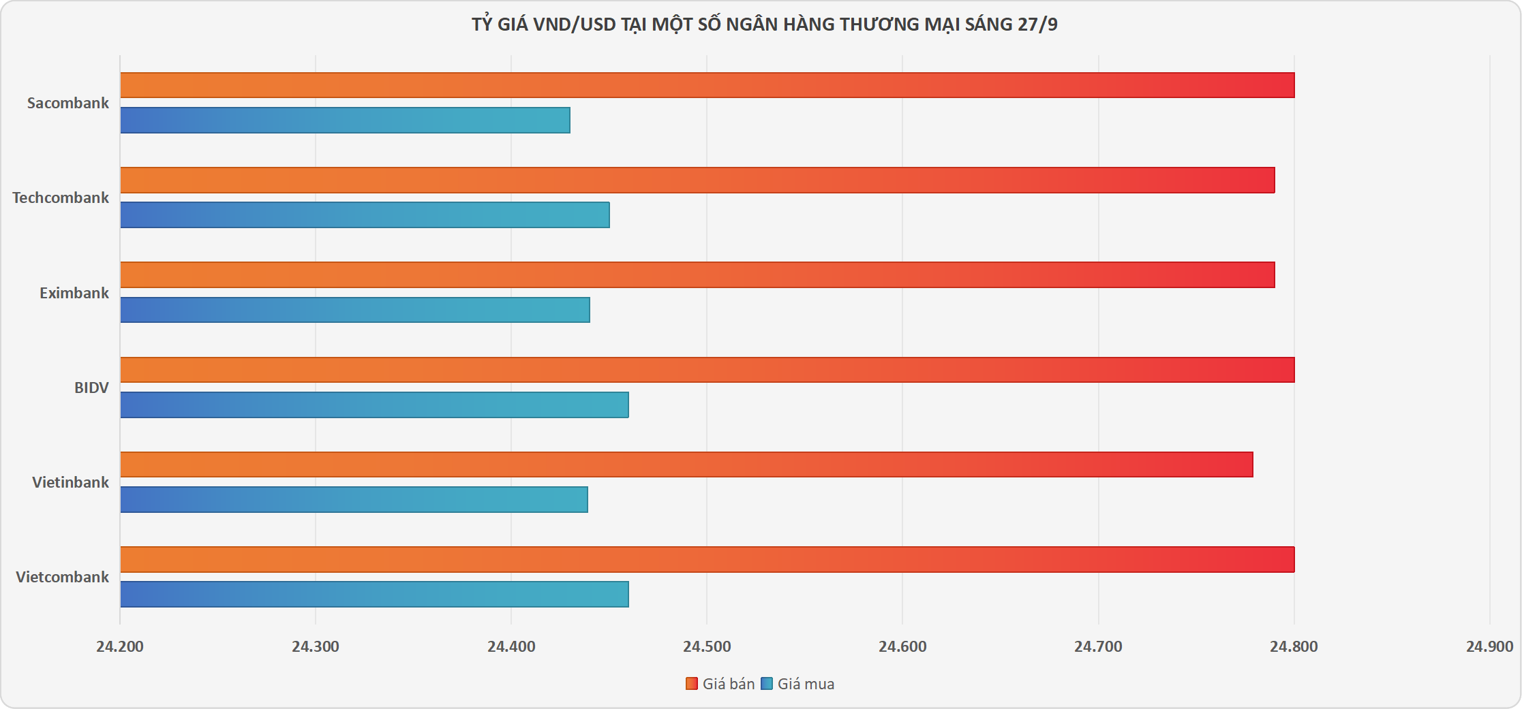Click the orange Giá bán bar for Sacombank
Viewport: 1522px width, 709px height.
pos(707,85)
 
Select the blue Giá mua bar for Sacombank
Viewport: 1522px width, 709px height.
pos(345,121)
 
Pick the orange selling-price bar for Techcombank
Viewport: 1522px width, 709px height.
pos(697,180)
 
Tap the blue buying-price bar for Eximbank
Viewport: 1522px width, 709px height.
pos(354,310)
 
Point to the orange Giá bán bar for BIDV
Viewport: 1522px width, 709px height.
pos(707,370)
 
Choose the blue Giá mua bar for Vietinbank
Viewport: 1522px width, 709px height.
pos(354,499)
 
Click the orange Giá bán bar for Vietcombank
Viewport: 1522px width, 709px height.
pos(707,559)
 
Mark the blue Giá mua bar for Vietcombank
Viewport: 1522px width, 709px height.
pos(374,594)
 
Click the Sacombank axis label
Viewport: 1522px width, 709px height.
pos(68,104)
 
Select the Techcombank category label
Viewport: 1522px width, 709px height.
pos(61,198)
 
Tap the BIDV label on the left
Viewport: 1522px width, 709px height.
pos(91,388)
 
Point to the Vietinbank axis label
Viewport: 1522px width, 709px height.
pos(70,483)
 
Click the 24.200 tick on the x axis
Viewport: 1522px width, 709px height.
pos(120,647)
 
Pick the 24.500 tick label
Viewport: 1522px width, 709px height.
pos(707,647)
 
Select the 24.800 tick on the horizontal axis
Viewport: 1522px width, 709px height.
pos(1294,647)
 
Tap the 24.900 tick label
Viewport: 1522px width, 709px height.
pos(1489,647)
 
